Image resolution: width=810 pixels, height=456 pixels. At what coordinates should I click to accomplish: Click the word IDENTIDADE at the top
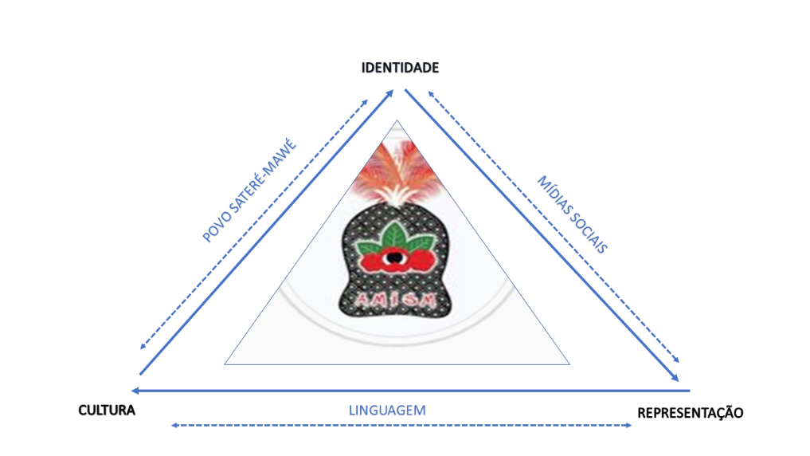[x=400, y=68]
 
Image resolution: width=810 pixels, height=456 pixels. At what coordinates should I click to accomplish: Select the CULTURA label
[x=107, y=411]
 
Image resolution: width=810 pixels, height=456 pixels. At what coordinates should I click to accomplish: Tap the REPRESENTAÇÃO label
[x=691, y=413]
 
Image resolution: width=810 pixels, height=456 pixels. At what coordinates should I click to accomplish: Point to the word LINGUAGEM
[x=387, y=411]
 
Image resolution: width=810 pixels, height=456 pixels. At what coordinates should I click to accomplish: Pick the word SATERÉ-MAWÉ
[x=263, y=176]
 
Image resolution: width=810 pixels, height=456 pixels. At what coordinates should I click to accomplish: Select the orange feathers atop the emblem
[x=397, y=173]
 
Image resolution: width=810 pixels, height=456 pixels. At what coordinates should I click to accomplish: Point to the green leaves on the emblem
[x=396, y=238]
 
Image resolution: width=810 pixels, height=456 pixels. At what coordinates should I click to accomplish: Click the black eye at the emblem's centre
[x=394, y=257]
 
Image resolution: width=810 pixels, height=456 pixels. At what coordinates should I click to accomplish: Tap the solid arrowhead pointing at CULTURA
[x=135, y=391]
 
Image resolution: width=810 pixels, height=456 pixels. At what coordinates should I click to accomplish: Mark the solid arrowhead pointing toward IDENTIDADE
[x=390, y=93]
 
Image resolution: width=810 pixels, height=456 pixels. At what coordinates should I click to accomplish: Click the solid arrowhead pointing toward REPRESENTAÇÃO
[x=675, y=377]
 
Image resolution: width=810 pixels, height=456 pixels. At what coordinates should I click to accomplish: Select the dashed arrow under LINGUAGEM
[x=401, y=426]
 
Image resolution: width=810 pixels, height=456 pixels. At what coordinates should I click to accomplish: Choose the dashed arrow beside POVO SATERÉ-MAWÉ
[x=253, y=224]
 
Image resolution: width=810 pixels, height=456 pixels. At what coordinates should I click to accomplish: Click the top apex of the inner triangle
[x=397, y=121]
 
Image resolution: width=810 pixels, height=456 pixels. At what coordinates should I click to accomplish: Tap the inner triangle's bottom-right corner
[x=569, y=364]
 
